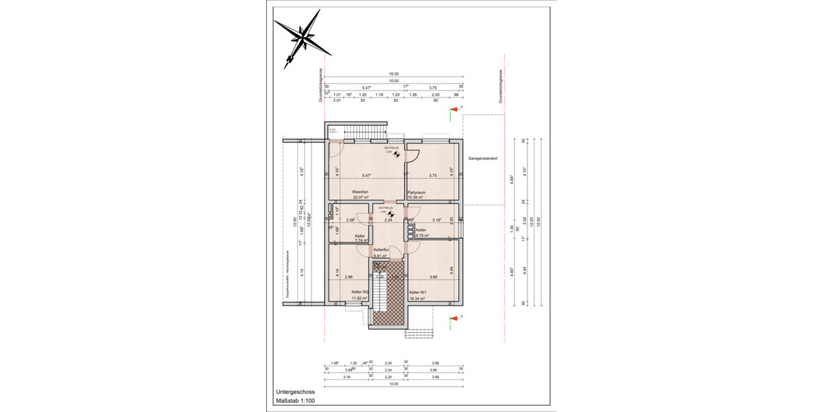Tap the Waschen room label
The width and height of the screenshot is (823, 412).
click(x=361, y=192)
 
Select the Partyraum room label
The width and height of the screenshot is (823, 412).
click(x=417, y=192)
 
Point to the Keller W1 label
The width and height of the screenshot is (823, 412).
click(x=419, y=292)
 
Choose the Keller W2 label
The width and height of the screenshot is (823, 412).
click(x=361, y=292)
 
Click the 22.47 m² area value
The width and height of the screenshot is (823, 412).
click(x=361, y=197)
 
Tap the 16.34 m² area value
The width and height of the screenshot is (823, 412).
click(x=419, y=298)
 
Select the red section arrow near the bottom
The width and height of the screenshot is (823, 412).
click(x=453, y=318)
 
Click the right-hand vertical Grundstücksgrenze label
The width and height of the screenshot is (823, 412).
click(x=502, y=87)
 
